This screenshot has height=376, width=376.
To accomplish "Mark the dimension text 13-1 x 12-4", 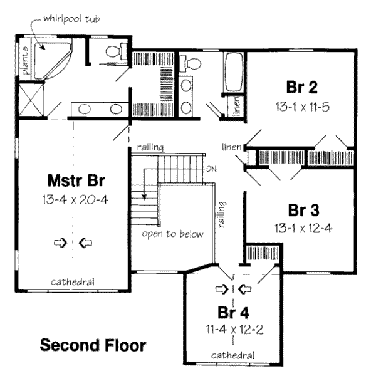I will (301, 227).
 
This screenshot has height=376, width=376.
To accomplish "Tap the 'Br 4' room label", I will (231, 312).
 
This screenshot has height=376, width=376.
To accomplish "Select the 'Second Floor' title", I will (93, 345).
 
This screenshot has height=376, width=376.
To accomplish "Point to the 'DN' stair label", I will (211, 170).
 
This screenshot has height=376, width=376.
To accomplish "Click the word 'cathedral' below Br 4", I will (232, 355).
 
